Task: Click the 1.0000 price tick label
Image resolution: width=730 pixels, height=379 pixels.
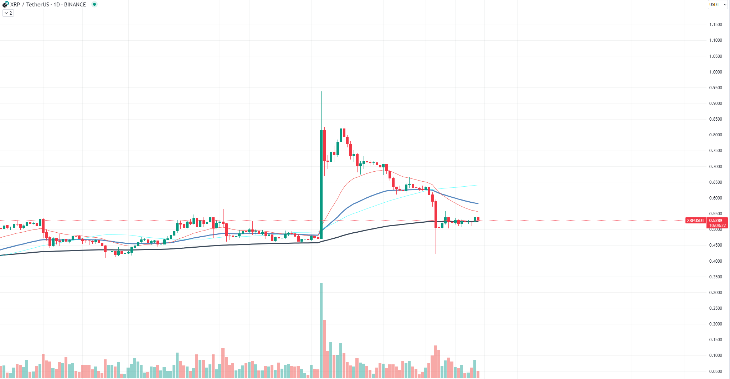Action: [x=715, y=72]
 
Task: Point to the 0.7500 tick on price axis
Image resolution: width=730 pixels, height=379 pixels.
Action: [x=715, y=151]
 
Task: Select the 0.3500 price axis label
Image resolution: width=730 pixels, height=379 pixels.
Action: [x=715, y=277]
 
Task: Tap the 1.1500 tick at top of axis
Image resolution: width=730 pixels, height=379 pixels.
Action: [x=715, y=25]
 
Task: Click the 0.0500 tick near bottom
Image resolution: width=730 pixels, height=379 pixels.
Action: [x=715, y=372]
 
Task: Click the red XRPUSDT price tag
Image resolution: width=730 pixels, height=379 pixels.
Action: [x=695, y=221]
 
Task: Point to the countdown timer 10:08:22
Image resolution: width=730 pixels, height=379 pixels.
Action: [x=717, y=226]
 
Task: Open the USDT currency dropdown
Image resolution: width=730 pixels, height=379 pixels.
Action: [x=717, y=5]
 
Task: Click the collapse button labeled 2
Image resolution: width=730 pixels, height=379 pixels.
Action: [x=8, y=13]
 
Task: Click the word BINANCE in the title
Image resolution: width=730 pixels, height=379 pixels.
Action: [x=75, y=5]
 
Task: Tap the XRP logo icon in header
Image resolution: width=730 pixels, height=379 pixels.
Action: [x=5, y=5]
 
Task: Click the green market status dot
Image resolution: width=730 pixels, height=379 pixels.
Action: [x=94, y=4]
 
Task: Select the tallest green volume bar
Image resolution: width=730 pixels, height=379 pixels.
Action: [x=321, y=330]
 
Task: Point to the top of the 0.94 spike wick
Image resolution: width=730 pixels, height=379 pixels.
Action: [x=321, y=92]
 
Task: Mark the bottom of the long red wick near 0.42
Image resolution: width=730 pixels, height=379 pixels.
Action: [x=436, y=253]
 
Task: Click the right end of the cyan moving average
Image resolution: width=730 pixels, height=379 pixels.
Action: [x=478, y=185]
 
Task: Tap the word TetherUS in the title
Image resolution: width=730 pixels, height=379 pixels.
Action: [x=37, y=5]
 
